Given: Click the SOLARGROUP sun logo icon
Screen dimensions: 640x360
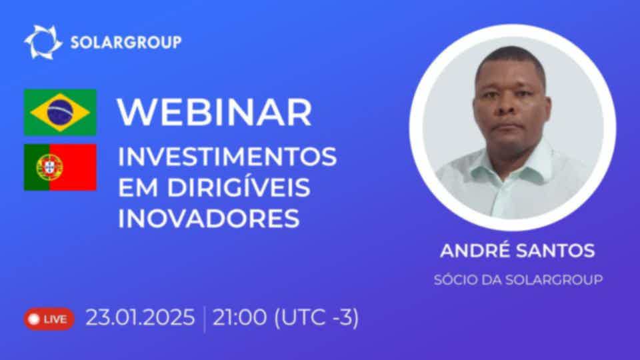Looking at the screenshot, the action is click(43, 42).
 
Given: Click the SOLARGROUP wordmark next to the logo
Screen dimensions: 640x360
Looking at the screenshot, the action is click(126, 43).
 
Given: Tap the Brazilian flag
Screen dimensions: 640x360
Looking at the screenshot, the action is click(61, 112).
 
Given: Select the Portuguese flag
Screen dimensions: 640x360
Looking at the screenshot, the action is click(61, 167).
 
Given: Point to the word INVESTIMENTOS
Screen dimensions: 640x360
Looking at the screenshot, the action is click(227, 157).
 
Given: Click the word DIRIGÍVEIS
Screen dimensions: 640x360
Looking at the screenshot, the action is click(239, 187).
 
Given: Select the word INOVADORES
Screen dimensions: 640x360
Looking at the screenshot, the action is click(209, 219).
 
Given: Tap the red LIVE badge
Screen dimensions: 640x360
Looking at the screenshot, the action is click(49, 319).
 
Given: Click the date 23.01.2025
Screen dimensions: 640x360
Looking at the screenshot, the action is click(141, 317).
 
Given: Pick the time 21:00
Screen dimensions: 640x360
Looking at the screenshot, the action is click(239, 317).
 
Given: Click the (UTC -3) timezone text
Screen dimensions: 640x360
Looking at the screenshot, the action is click(317, 317).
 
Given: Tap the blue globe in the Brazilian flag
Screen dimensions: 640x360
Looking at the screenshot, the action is click(61, 112).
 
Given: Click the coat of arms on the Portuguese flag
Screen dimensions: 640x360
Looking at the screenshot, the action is click(49, 167).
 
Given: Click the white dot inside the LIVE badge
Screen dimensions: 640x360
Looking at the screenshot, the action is click(34, 319).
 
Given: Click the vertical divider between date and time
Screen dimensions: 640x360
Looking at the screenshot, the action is click(204, 319).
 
